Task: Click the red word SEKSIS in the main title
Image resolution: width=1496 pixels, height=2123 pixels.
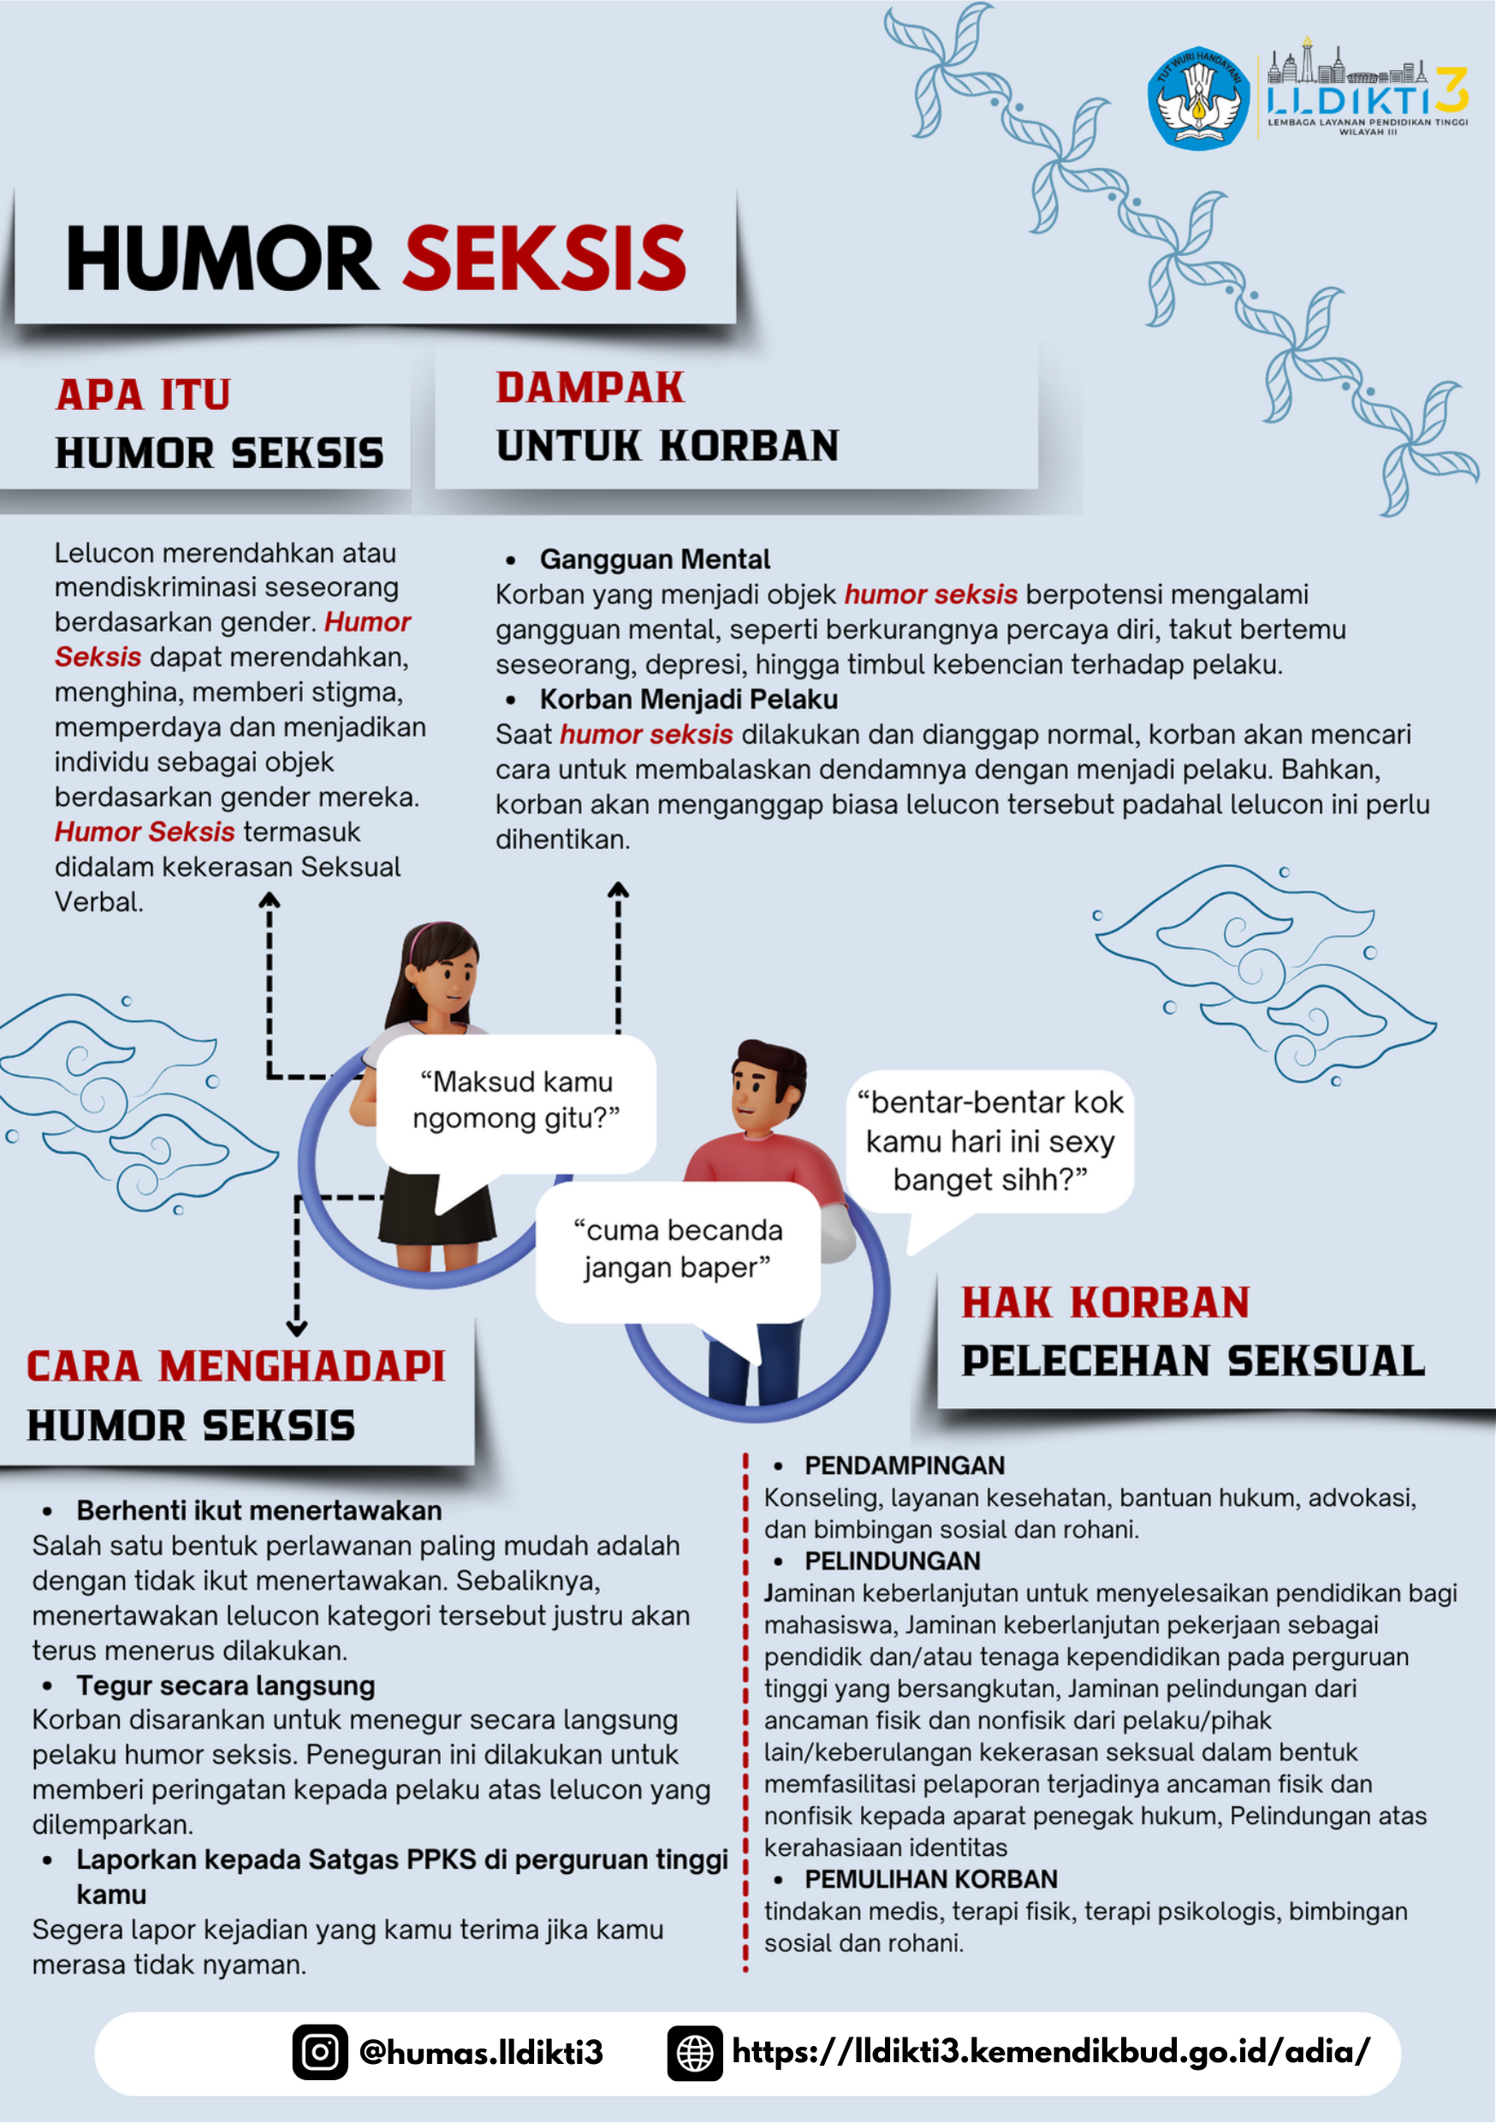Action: tap(544, 258)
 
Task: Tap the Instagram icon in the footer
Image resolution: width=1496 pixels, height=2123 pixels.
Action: tap(320, 2052)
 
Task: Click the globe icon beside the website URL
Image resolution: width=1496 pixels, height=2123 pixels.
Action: tap(694, 2054)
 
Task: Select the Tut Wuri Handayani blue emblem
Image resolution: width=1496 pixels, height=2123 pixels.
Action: tap(1198, 98)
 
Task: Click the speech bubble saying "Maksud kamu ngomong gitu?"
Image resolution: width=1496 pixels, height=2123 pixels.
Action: tap(516, 1101)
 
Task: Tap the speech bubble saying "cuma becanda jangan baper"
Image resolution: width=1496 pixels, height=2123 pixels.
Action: tap(678, 1249)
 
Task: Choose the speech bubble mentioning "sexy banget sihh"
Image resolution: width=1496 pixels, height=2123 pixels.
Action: tap(990, 1141)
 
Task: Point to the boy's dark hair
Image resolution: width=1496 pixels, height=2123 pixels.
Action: tap(773, 1059)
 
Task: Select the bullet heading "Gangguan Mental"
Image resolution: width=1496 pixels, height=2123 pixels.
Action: tap(655, 559)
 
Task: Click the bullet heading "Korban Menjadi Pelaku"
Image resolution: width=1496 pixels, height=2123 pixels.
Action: tap(689, 700)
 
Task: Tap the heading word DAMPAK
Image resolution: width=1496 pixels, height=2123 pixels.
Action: tap(590, 389)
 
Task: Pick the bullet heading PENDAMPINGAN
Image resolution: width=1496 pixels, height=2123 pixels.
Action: tap(905, 1466)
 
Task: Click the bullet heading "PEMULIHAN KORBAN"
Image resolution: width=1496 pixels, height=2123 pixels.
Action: tap(930, 1879)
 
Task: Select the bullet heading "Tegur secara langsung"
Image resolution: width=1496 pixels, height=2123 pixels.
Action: tap(226, 1686)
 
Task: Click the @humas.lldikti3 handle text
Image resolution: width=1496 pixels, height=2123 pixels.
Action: tap(481, 2053)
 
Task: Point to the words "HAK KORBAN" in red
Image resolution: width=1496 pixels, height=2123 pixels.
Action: tap(1105, 1303)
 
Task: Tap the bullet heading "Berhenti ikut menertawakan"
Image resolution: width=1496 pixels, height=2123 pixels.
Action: tap(258, 1510)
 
